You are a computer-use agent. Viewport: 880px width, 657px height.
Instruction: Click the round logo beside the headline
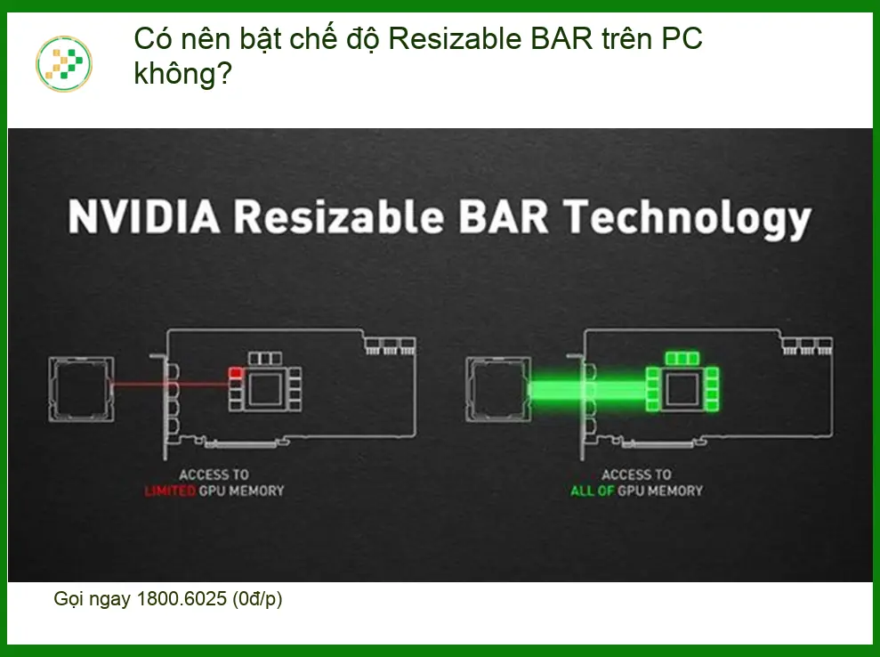(x=64, y=64)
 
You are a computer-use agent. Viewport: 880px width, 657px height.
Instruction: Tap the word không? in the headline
(x=183, y=74)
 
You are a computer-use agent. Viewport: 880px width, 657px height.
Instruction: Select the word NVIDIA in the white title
(x=144, y=216)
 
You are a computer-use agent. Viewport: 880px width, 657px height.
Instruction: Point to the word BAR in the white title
(x=504, y=216)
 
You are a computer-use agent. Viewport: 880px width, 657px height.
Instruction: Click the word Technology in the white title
(x=687, y=219)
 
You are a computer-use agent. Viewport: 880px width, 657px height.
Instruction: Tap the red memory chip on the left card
(x=236, y=373)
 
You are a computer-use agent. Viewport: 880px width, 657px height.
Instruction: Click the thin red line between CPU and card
(x=171, y=385)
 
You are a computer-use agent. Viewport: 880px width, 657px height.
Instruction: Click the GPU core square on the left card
(x=265, y=388)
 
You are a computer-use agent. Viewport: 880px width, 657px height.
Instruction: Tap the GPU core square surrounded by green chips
(x=682, y=388)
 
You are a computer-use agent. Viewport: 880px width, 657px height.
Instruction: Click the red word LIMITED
(x=170, y=491)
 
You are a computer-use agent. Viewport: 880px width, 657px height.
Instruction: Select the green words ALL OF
(x=592, y=491)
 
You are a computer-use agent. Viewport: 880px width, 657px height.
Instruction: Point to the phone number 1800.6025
(x=182, y=598)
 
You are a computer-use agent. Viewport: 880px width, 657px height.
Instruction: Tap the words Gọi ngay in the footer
(x=93, y=599)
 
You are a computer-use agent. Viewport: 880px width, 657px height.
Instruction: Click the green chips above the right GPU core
(x=682, y=358)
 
